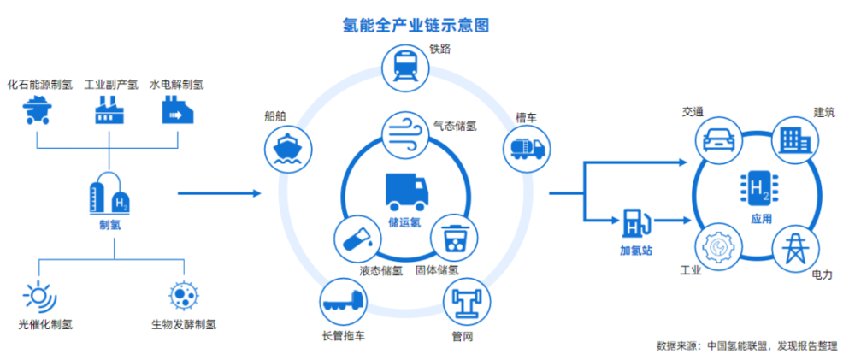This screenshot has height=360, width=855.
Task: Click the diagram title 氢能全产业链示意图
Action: [x=416, y=26]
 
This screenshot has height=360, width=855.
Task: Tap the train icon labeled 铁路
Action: [x=405, y=68]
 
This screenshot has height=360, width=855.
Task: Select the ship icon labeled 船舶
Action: [x=287, y=147]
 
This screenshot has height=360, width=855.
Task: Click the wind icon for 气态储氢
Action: [x=405, y=136]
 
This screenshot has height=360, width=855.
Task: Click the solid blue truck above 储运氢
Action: [x=407, y=192]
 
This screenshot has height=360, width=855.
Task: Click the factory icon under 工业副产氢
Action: [x=109, y=110]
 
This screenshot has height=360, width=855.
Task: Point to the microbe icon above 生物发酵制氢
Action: [x=184, y=295]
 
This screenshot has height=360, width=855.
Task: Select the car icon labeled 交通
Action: [x=718, y=139]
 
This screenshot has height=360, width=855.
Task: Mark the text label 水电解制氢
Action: [x=177, y=86]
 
